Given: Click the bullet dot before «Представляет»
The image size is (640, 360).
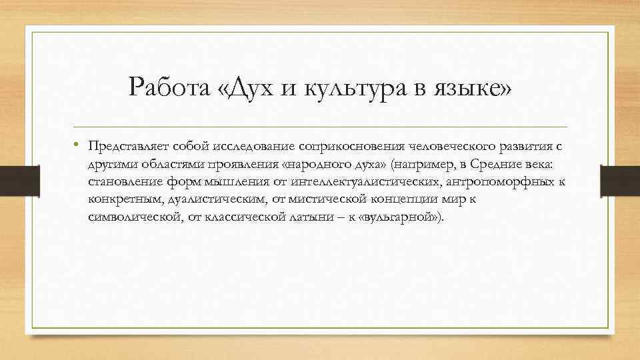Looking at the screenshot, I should (77, 144).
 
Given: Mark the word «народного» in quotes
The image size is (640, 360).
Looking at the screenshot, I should (319, 163).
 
